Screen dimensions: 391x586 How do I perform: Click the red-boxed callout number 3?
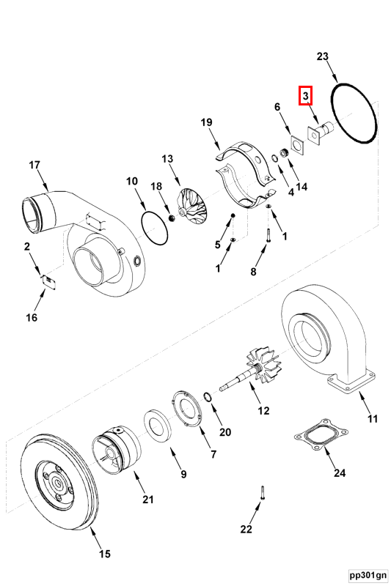coord(305,96)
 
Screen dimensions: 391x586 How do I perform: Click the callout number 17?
coord(34,164)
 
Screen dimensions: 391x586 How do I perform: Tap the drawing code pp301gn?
coord(368,575)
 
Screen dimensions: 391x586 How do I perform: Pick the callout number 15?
coord(105,554)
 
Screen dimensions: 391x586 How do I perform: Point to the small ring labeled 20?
coord(208,398)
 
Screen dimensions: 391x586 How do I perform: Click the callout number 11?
coord(372,418)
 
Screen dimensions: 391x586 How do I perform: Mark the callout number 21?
coord(147,500)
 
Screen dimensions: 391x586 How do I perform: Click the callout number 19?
coord(206,122)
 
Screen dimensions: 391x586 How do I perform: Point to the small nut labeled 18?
coord(172,218)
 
